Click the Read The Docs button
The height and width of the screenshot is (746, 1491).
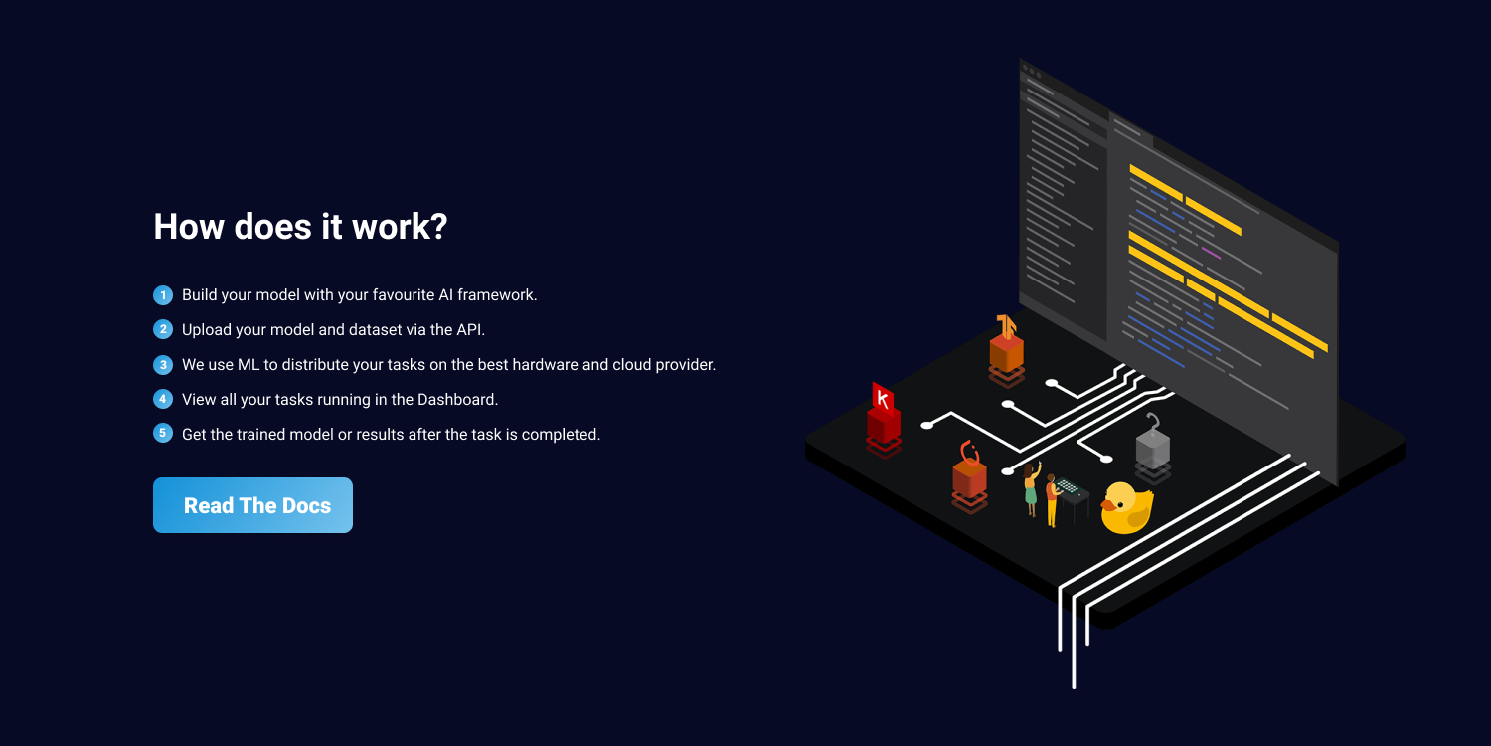tap(252, 505)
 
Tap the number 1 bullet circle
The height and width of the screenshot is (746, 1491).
tap(163, 295)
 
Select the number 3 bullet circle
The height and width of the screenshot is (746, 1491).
tap(163, 365)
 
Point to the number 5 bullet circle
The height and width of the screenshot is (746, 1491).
tap(163, 434)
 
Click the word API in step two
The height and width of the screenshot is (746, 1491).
tap(469, 330)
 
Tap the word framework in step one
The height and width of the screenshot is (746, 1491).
tap(500, 295)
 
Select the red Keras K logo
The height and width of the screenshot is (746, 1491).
tap(882, 398)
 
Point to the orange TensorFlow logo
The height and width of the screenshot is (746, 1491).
tap(1007, 327)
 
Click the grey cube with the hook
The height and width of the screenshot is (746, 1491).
tap(1152, 450)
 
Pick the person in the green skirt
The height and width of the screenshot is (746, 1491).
tap(1031, 490)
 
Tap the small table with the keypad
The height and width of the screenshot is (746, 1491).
tap(1072, 492)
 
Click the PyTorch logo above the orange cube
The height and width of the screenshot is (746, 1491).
tap(969, 454)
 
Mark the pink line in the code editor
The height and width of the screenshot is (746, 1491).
tap(1210, 253)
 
